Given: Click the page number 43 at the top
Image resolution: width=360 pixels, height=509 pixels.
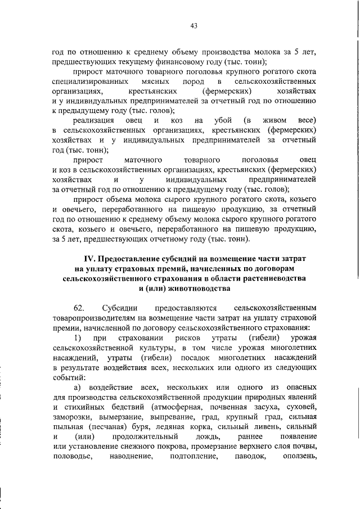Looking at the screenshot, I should point(193,25).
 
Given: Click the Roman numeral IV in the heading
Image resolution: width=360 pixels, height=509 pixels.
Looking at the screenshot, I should point(90,258).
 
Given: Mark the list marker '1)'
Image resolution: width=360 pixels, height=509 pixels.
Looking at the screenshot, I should point(78,337).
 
